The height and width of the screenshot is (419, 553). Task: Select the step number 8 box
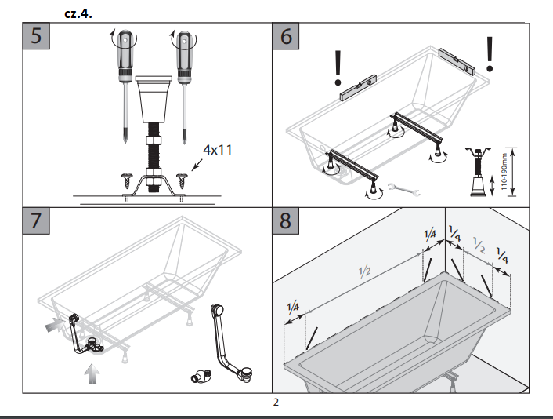pyautogui.click(x=286, y=221)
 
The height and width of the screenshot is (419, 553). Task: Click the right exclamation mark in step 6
pyautogui.click(x=491, y=53)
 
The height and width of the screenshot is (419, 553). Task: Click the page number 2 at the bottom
pyautogui.click(x=276, y=403)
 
